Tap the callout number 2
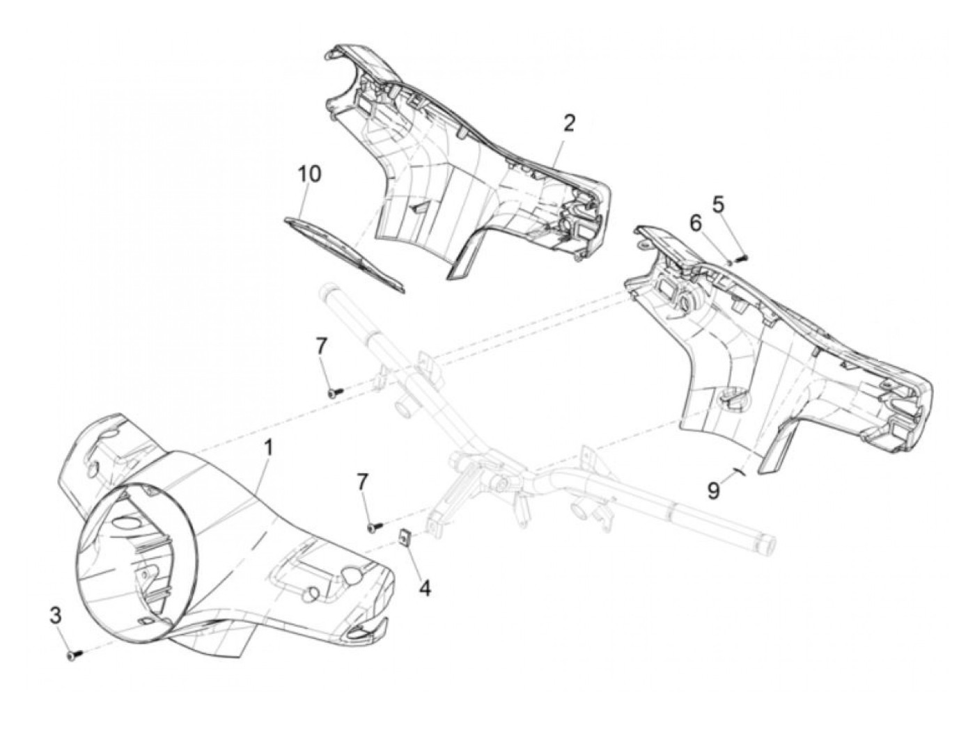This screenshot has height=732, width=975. tap(570, 124)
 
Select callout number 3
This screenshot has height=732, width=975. tap(56, 615)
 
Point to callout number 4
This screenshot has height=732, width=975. tap(424, 588)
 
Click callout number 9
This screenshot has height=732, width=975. tap(714, 491)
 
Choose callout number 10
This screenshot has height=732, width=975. tap(310, 174)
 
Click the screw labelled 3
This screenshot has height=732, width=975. tap(73, 654)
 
